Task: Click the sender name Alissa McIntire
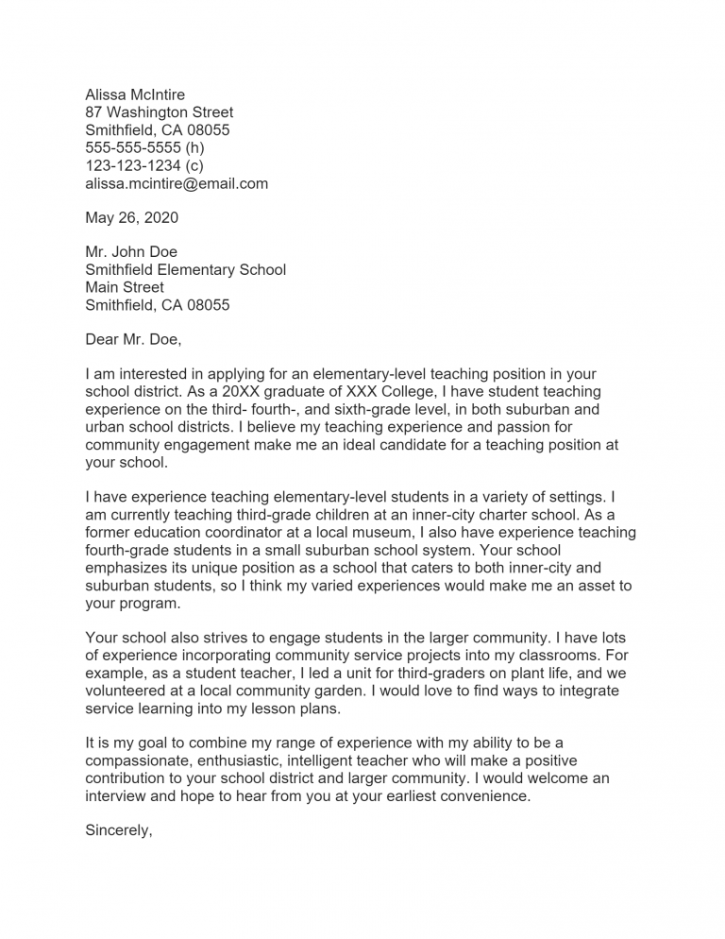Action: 135,94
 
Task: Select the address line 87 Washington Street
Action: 159,112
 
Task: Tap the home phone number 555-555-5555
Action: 133,148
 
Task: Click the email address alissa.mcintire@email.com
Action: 177,184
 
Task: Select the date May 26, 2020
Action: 131,218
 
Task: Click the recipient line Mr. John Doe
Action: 131,252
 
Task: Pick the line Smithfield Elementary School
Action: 185,270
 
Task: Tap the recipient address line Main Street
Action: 125,287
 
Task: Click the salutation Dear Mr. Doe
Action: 132,339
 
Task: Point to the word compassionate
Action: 142,761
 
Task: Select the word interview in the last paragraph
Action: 117,796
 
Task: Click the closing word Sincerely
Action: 119,831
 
